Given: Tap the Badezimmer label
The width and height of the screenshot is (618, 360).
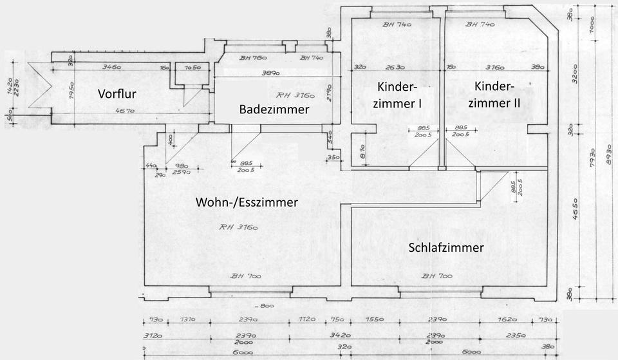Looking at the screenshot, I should (274, 109).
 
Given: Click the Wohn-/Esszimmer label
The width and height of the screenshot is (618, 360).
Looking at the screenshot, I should (247, 202).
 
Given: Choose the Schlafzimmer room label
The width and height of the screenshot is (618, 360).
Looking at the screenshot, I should (446, 247).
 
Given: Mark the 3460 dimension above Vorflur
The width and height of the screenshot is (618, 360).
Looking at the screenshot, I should (114, 66).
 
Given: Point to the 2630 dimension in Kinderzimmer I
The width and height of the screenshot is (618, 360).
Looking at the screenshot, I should (395, 66).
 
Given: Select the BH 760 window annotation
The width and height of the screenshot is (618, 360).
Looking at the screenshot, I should (253, 58).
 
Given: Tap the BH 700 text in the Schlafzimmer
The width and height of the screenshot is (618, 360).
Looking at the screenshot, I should (436, 276).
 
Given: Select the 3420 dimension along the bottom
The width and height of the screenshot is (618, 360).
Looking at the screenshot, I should (339, 336).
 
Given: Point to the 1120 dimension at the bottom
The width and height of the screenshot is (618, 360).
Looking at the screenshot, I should (309, 319).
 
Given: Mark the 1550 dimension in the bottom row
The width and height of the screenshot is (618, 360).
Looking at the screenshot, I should (375, 319).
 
